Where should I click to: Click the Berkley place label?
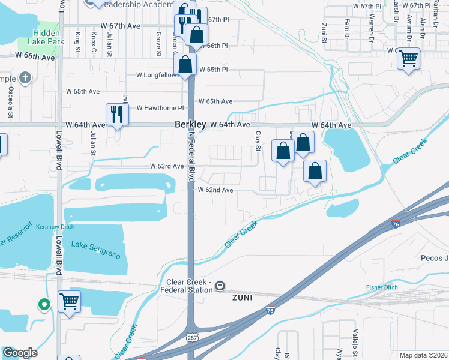pos(190,124)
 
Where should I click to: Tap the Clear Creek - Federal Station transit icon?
pos(220,286)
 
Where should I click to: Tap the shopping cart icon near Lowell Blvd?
pos(69,302)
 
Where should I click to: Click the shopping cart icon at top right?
pos(408,59)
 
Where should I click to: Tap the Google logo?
pos(19,353)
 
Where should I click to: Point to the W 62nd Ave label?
pos(215,190)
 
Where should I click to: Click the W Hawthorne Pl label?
pos(158,108)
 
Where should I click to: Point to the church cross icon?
pos(25,77)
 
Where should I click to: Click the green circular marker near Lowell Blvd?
pos(44,305)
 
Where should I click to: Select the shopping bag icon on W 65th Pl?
pos(186,62)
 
